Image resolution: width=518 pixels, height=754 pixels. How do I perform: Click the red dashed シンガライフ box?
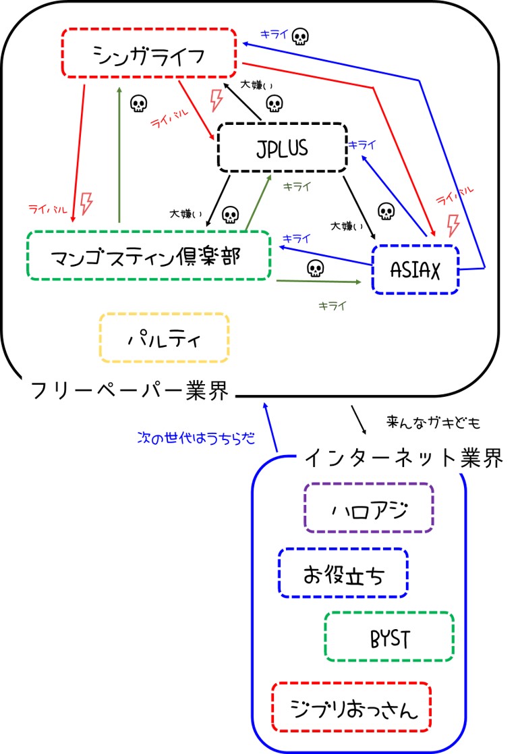point(148,52)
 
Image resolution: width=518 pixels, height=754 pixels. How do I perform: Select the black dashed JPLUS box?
point(281,147)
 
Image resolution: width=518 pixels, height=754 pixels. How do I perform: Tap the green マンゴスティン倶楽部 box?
point(148,255)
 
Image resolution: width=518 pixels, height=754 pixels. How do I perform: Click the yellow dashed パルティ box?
point(164,338)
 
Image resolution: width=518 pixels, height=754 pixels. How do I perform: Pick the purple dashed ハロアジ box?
point(368,508)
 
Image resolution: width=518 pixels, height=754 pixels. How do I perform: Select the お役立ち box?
point(343,573)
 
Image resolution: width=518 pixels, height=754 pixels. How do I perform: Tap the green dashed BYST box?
point(389,637)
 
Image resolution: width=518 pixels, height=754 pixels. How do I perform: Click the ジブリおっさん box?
point(351,707)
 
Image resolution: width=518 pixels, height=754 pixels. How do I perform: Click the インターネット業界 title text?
point(403,459)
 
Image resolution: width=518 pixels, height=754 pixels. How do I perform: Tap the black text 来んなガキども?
point(433,423)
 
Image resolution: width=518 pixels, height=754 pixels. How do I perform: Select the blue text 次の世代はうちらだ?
point(196,437)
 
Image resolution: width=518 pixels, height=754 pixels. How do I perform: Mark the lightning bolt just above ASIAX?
point(453,223)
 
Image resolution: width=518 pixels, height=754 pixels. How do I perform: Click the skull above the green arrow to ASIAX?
point(314,268)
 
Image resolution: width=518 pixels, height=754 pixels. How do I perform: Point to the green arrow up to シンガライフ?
point(119,155)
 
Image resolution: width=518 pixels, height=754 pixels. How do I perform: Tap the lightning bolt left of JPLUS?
point(216,101)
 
